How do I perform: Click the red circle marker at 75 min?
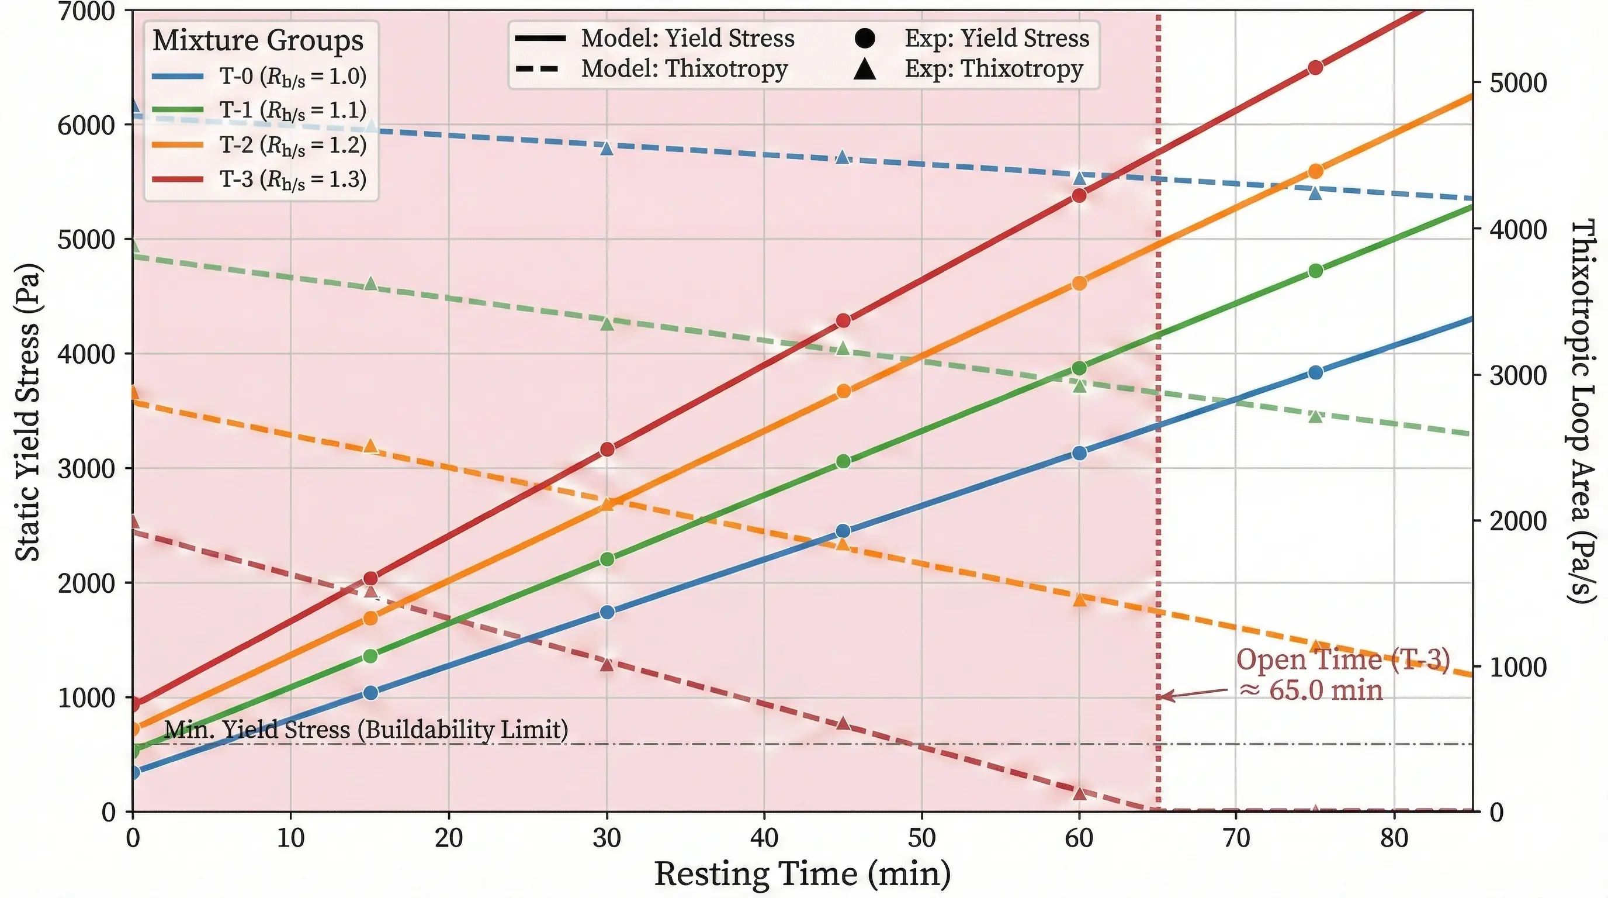(x=1315, y=67)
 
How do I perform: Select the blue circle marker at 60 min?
(x=1079, y=453)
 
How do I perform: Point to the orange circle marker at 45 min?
(x=843, y=391)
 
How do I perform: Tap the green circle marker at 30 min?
(x=607, y=559)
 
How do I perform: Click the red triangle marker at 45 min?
(x=843, y=723)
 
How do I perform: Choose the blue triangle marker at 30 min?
(x=607, y=148)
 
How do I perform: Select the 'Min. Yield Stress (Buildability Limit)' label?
(x=366, y=730)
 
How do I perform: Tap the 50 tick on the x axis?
(x=921, y=838)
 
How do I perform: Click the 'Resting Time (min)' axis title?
(x=802, y=873)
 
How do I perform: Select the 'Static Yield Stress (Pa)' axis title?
(x=27, y=412)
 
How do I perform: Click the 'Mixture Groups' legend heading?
(x=258, y=40)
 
